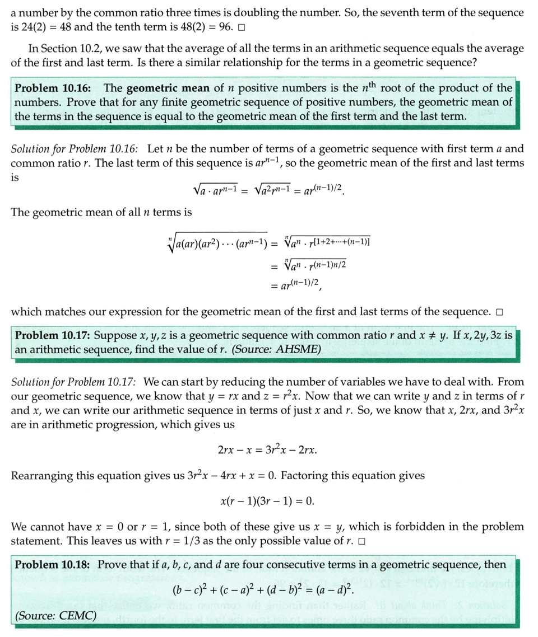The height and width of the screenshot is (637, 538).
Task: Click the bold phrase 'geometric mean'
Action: (x=162, y=88)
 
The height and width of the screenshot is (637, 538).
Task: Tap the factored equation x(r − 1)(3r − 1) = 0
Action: (x=268, y=500)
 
